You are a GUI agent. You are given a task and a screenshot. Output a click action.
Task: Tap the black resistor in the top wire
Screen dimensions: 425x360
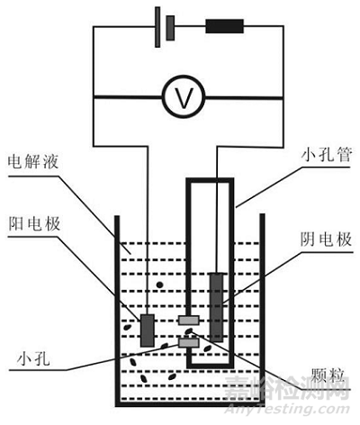point(225,24)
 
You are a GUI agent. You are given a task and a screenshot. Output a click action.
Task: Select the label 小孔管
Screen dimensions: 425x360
point(313,153)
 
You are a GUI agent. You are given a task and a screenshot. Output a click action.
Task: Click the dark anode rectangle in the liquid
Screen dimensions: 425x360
point(147,330)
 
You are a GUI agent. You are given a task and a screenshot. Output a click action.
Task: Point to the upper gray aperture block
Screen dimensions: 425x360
point(188,320)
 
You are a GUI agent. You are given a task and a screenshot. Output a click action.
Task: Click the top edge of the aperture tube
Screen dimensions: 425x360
point(209,182)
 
